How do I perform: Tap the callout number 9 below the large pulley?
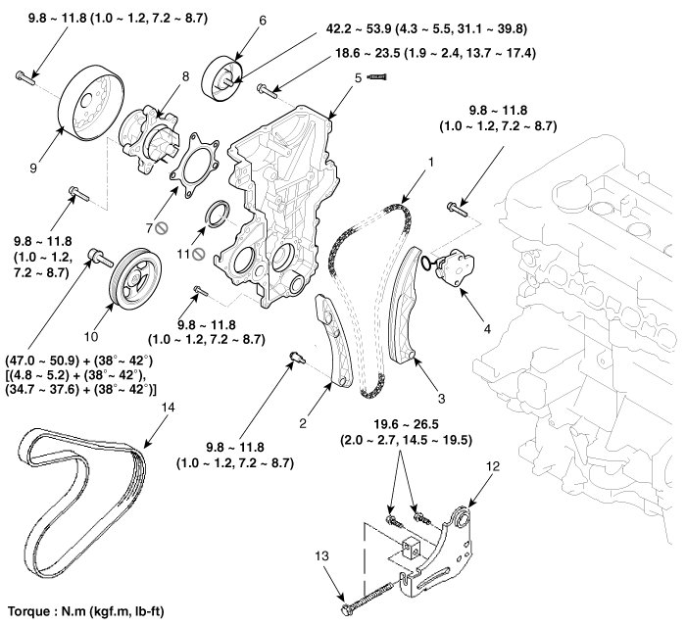[31, 168]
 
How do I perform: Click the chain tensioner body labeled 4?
[454, 267]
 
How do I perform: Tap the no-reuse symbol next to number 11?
[199, 253]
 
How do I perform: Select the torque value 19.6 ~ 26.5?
[397, 424]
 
